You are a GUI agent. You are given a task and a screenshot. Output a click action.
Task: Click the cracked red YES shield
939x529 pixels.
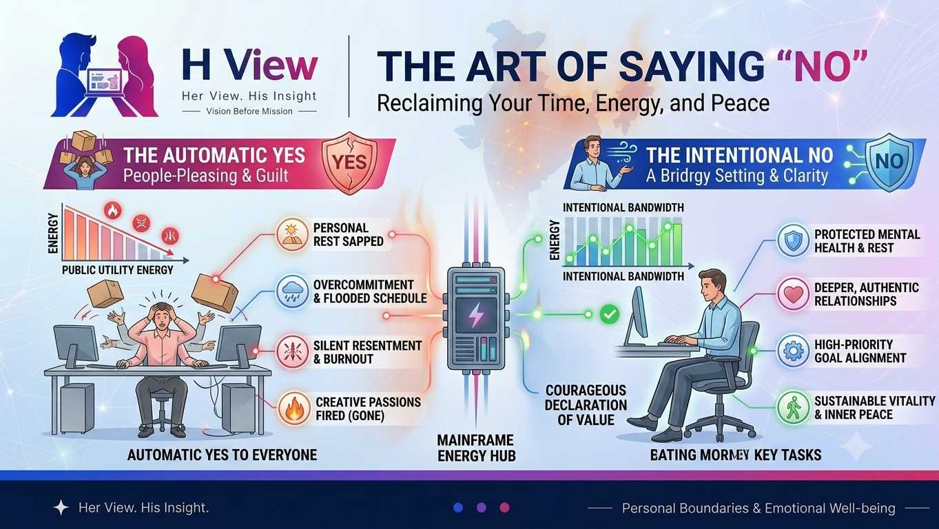[349, 163]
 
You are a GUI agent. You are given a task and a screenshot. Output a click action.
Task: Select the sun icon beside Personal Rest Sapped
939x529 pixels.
[292, 234]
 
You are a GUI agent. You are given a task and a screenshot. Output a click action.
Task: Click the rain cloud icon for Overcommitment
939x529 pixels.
[292, 291]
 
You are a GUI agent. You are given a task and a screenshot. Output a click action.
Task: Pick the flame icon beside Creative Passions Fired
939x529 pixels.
[294, 408]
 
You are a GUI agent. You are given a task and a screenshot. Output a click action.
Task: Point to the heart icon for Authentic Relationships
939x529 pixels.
[793, 294]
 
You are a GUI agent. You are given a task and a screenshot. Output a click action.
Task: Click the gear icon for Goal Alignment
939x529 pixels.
[793, 351]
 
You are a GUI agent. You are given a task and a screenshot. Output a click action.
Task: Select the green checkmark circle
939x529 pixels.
[609, 314]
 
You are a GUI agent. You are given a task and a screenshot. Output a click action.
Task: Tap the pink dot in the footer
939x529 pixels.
[505, 508]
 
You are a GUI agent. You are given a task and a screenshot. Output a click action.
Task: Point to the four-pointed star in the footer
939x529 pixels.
[61, 508]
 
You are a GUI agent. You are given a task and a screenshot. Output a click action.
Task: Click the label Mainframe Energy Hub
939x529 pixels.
[476, 448]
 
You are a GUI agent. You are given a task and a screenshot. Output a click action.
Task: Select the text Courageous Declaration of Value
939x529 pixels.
[586, 405]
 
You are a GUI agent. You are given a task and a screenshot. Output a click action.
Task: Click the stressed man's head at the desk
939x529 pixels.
[162, 315]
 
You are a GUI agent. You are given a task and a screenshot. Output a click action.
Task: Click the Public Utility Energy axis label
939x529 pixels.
[118, 270]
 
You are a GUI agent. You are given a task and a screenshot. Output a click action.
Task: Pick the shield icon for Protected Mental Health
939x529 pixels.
[793, 240]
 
